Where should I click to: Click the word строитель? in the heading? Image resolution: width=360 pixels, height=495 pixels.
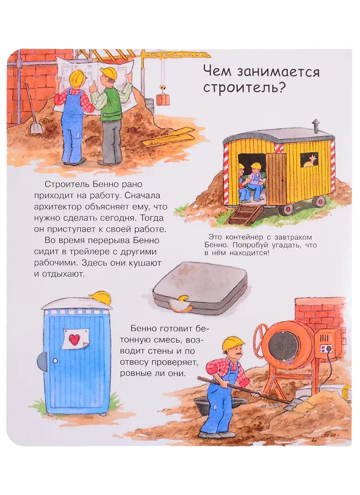tap(244, 87)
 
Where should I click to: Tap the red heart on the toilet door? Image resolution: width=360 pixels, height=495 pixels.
tap(74, 339)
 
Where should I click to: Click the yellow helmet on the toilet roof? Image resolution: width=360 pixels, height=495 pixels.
tap(101, 298)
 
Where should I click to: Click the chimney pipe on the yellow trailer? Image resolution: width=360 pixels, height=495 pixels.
tap(315, 125)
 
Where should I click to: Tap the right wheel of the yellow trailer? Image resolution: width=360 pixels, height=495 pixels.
tap(320, 201)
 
